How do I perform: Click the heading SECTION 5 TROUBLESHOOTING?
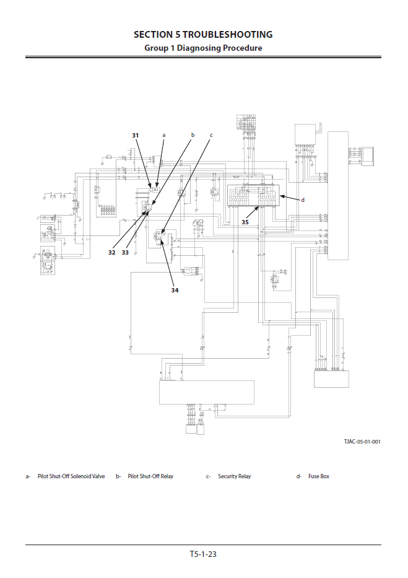tap(203, 35)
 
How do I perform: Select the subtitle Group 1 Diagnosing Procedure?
tap(203, 48)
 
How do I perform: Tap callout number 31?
tap(136, 134)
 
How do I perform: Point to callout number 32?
tap(112, 252)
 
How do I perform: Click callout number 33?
tap(125, 252)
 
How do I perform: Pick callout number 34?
tap(175, 289)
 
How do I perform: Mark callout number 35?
tap(245, 222)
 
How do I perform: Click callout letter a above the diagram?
tap(164, 134)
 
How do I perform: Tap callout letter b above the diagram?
tap(193, 134)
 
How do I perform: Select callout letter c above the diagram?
tap(211, 134)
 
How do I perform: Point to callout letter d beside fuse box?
tap(303, 200)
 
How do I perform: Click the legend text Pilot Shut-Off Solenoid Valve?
tap(71, 476)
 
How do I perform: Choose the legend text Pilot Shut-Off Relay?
tap(150, 476)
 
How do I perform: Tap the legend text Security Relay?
tap(234, 476)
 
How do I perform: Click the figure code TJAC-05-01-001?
tap(362, 441)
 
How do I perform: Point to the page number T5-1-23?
tap(203, 554)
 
